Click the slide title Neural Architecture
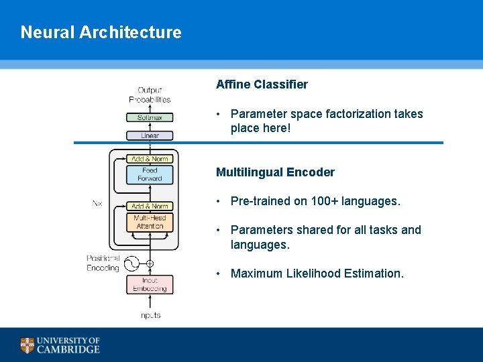tap(101, 32)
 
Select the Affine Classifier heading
tap(262, 84)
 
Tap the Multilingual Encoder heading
tap(275, 172)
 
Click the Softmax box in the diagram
tap(150, 117)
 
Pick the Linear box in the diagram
tap(150, 135)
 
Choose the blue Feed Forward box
tap(150, 175)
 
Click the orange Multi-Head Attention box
tap(150, 222)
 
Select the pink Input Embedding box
tap(150, 284)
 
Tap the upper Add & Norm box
tap(150, 159)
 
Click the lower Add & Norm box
tap(150, 206)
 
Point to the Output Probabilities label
tap(150, 95)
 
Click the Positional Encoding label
tap(103, 263)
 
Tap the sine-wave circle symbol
tap(131, 263)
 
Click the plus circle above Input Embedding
tap(150, 263)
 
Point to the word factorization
tap(358, 114)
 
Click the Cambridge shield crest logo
tap(27, 345)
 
